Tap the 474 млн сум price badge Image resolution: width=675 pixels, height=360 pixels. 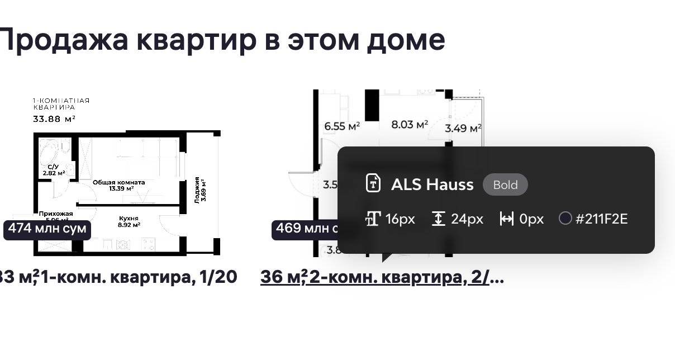tap(47, 229)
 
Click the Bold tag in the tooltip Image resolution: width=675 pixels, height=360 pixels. tap(505, 184)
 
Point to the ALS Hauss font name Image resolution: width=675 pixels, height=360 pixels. tap(432, 184)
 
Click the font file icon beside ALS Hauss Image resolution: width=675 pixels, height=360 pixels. tap(373, 183)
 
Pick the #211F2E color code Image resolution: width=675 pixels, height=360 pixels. tap(601, 219)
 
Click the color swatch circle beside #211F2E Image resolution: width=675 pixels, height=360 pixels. tap(565, 218)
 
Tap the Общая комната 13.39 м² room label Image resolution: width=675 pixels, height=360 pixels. tap(118, 185)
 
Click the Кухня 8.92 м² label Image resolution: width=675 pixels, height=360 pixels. tap(129, 221)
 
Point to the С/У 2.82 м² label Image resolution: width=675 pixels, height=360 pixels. tap(54, 170)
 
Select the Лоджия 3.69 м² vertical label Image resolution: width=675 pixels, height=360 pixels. tap(200, 190)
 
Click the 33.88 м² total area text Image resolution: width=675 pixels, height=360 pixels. tap(54, 119)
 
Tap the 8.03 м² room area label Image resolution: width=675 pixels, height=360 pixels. tap(409, 124)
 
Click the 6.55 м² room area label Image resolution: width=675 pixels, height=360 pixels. tap(342, 126)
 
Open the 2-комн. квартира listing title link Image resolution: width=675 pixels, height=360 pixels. tap(382, 277)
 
